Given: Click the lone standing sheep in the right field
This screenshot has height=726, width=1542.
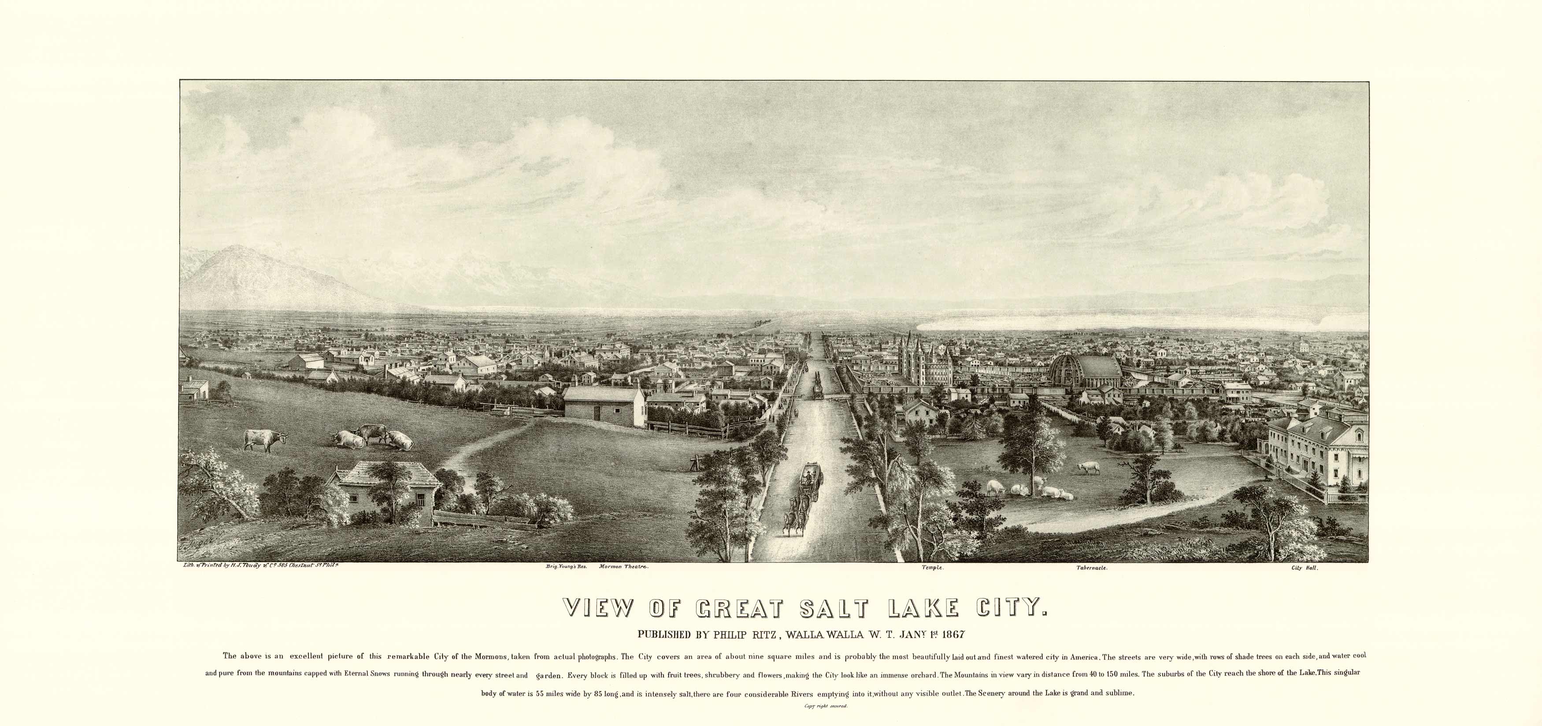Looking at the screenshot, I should click(1089, 467).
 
